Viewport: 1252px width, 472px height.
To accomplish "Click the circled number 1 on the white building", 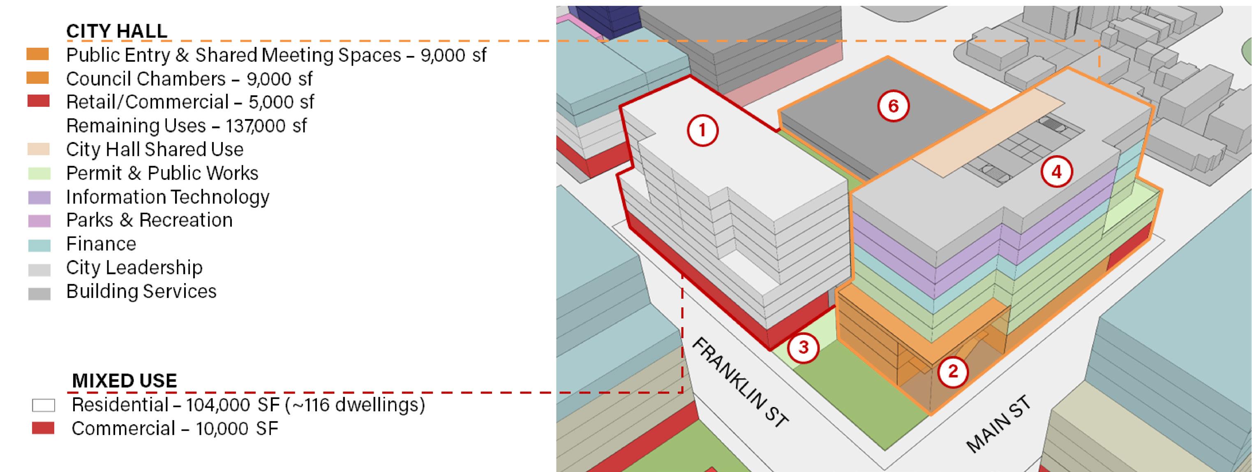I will click(702, 131).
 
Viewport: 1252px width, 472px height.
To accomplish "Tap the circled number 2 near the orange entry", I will click(953, 371).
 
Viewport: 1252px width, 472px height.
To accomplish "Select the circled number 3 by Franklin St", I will click(804, 347).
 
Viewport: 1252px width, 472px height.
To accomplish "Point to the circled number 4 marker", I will click(1057, 171).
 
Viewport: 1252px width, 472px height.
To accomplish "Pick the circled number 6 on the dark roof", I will click(893, 106).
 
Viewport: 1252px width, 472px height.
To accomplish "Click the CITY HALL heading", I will click(117, 31).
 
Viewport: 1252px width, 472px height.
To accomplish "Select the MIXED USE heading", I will click(125, 381).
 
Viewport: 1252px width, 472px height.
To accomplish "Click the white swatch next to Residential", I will click(43, 405).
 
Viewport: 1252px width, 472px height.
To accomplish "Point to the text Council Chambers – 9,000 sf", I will click(189, 79).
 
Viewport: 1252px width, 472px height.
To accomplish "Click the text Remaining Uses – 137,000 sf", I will click(186, 126).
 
